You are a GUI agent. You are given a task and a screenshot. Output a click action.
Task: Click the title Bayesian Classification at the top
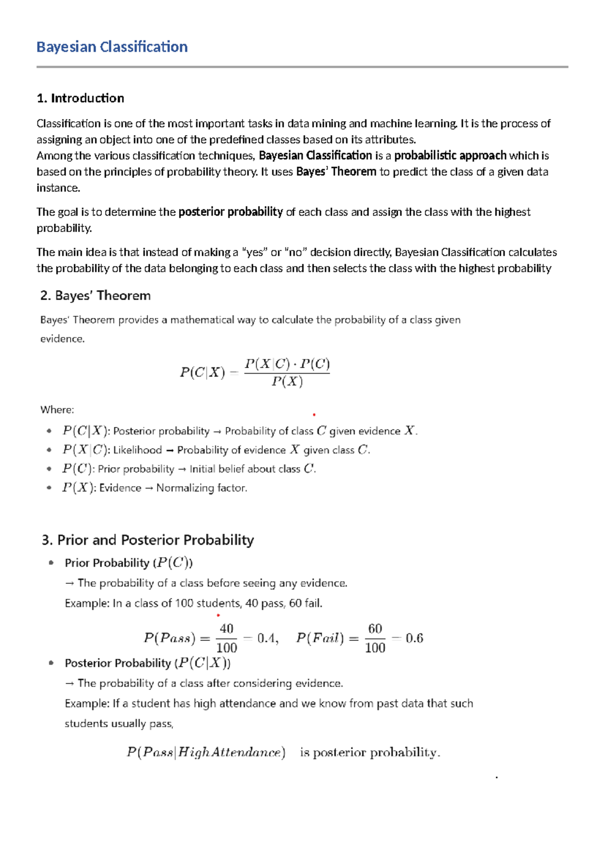[x=112, y=47]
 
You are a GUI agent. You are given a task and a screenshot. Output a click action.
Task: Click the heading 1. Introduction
[x=80, y=98]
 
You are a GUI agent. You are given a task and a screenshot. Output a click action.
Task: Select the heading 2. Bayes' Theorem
[x=95, y=295]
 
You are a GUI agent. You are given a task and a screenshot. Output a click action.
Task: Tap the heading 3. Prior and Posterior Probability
[x=148, y=540]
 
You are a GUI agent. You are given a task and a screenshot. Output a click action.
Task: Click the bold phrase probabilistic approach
[x=450, y=156]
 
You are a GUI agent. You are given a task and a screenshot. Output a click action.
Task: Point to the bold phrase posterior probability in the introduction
[x=230, y=212]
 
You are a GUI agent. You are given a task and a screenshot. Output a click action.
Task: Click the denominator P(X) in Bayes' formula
[x=287, y=382]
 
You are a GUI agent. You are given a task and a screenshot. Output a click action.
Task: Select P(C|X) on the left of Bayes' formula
[x=202, y=373]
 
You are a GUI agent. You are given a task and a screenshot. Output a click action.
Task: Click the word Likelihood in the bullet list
[x=137, y=450]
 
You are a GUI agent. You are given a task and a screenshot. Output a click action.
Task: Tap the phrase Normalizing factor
[x=202, y=488]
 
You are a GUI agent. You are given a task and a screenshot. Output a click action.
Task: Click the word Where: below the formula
[x=57, y=410]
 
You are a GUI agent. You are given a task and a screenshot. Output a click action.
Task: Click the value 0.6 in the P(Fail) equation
[x=414, y=638]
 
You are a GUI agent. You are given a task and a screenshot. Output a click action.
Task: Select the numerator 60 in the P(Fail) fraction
[x=375, y=629]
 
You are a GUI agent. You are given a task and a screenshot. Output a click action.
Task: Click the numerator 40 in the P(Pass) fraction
[x=226, y=629]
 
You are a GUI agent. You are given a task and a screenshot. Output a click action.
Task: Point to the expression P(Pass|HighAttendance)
[x=206, y=753]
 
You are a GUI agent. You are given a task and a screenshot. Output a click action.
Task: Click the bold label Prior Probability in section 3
[x=107, y=563]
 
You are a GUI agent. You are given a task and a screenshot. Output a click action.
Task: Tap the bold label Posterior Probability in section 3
[x=117, y=663]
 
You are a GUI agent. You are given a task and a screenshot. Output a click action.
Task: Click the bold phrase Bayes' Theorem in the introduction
[x=336, y=172]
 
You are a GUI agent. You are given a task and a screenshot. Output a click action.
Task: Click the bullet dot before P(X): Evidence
[x=49, y=488]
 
